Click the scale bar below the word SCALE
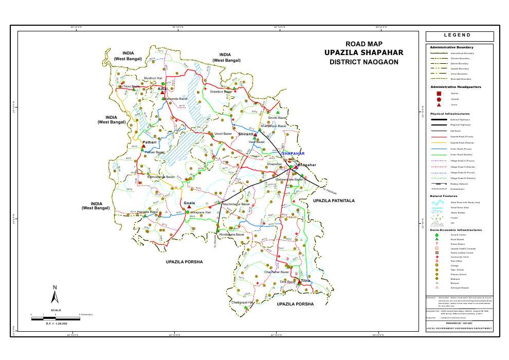pyautogui.click(x=56, y=319)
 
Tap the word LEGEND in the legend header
pyautogui.click(x=459, y=35)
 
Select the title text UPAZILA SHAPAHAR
pyautogui.click(x=364, y=53)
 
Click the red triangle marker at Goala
pyautogui.click(x=189, y=208)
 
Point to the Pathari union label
pyautogui.click(x=149, y=142)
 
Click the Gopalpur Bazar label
pyautogui.click(x=221, y=92)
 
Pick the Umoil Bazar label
pyautogui.click(x=224, y=134)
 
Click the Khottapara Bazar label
pyautogui.click(x=231, y=235)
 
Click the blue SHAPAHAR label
pyautogui.click(x=294, y=153)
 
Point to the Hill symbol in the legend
pyautogui.click(x=438, y=223)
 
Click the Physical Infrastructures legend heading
pyautogui.click(x=450, y=113)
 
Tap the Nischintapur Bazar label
pyautogui.click(x=236, y=204)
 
